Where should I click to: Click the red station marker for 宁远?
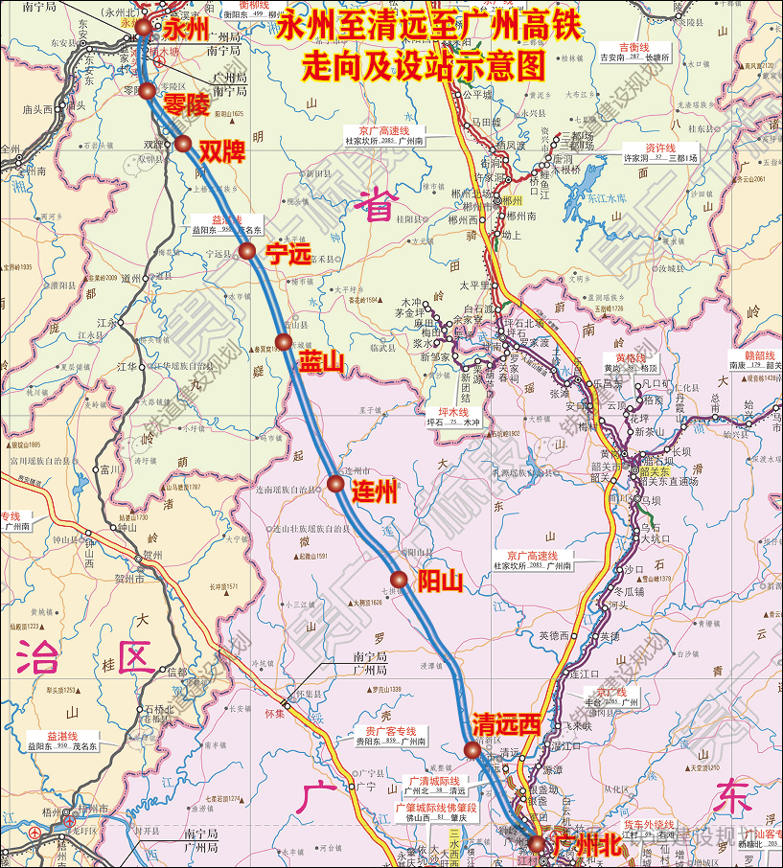pyautogui.click(x=246, y=251)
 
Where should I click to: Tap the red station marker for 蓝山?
pyautogui.click(x=283, y=342)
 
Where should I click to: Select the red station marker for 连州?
pyautogui.click(x=335, y=484)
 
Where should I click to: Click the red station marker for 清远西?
pyautogui.click(x=472, y=749)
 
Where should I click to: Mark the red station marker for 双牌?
pyautogui.click(x=182, y=144)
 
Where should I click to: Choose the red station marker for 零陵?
pyautogui.click(x=149, y=91)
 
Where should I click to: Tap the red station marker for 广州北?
pyautogui.click(x=536, y=844)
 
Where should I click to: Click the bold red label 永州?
pyautogui.click(x=186, y=28)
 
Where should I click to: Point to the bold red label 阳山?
pyautogui.click(x=441, y=581)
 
